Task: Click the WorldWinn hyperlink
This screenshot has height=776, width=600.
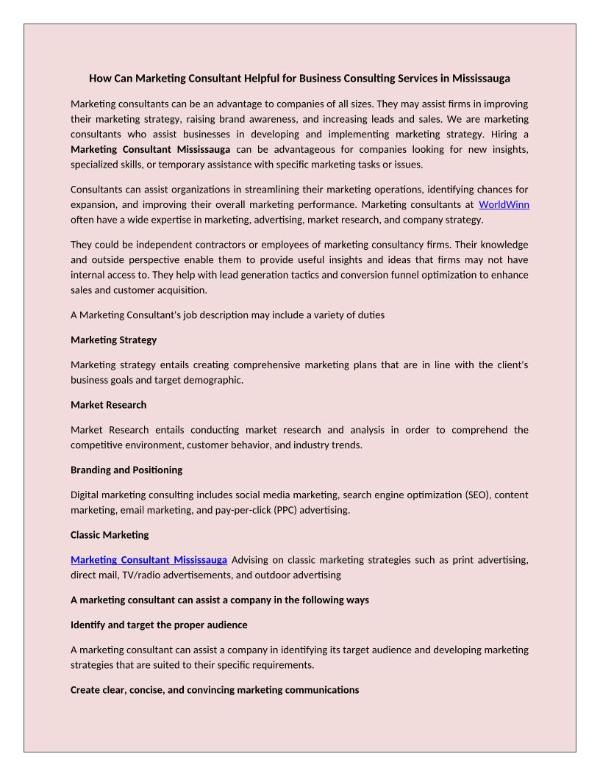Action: pyautogui.click(x=504, y=204)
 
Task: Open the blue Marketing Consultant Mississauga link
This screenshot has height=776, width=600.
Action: pyautogui.click(x=149, y=560)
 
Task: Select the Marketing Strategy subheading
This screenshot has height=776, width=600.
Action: pyautogui.click(x=113, y=339)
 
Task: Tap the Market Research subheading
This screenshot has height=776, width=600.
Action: pyautogui.click(x=108, y=405)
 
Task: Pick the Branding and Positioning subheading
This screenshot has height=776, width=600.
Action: pyautogui.click(x=126, y=470)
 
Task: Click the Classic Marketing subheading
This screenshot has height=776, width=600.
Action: pyautogui.click(x=110, y=534)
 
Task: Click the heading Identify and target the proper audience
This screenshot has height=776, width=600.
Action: pyautogui.click(x=159, y=625)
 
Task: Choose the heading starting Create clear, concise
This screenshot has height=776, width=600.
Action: pyautogui.click(x=215, y=689)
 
